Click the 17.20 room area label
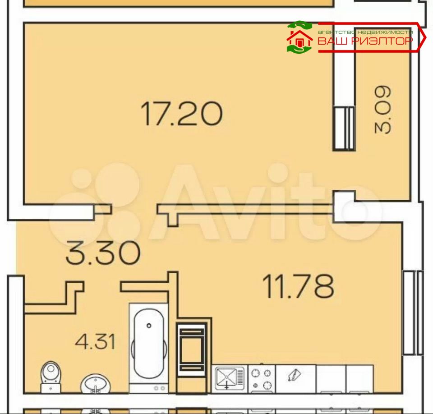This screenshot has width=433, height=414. pos(181,114)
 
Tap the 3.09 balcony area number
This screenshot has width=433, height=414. pos(383,110)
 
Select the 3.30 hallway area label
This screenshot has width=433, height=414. pos(103,253)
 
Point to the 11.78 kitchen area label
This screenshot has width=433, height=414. pos(298,286)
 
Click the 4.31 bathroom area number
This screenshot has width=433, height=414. pos(95,341)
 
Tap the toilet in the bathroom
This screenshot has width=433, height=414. pos(51,377)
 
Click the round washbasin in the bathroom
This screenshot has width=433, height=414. pos(96,383)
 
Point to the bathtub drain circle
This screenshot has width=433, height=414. pos(149,325)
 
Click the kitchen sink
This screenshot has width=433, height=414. pos(230,378)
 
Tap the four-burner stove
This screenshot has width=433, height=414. pos(262,379)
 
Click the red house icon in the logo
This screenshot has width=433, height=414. pos(299,39)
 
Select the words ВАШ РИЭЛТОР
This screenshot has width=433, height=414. pos(365,41)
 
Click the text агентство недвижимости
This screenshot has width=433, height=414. pos(365,32)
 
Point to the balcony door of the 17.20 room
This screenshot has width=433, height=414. pos(344,129)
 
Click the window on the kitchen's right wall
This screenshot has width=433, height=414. pos(413,313)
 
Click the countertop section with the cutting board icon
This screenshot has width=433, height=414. pos(295,378)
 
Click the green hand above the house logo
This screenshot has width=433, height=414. pos(299,25)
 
